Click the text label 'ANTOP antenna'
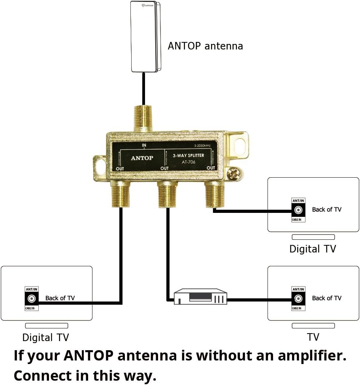[205, 46]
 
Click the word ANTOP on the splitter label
[142, 157]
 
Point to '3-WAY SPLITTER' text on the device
[189, 156]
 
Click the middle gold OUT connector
[167, 193]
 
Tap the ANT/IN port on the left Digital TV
[32, 299]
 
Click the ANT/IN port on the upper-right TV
[298, 210]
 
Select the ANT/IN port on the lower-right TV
[298, 299]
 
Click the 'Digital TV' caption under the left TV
[46, 338]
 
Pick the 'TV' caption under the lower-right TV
[313, 337]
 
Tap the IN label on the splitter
[144, 146]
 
